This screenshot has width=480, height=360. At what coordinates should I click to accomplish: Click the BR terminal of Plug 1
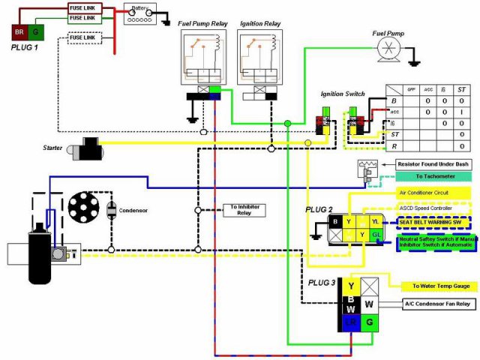coord(18,33)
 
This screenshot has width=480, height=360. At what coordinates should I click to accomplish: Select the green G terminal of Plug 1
coord(36,33)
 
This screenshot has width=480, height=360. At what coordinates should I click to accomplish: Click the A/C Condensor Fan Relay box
coord(436,304)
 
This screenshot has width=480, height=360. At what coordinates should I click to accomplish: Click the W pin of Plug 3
coord(370,304)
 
